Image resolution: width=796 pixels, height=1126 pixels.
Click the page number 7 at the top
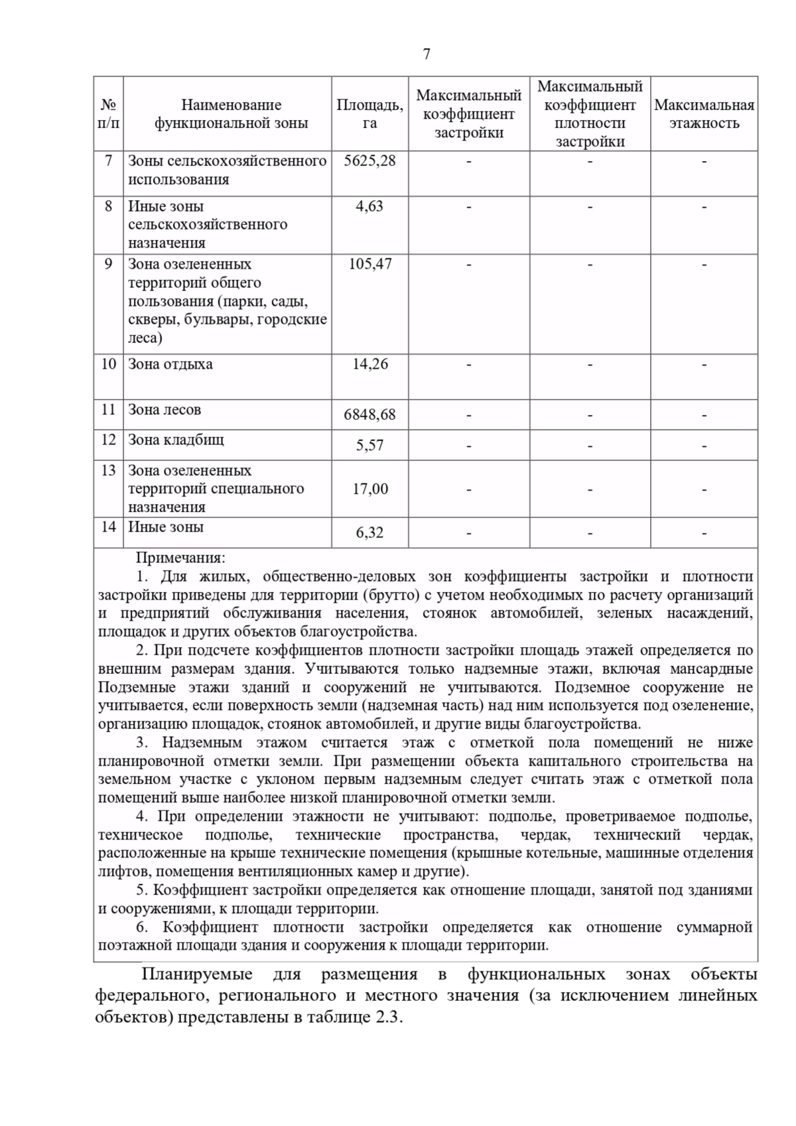[x=426, y=54]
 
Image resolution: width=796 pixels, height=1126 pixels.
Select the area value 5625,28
[x=369, y=161]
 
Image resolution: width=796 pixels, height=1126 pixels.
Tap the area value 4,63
[x=369, y=206]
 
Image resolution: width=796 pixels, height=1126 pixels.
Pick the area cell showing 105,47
[x=369, y=264]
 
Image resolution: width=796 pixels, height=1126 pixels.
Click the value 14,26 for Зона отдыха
[x=369, y=364]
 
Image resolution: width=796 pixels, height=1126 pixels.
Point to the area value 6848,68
[x=369, y=415]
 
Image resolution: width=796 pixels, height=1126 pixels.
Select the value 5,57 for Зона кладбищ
[x=369, y=446]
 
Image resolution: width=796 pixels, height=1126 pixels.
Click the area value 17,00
[x=369, y=489]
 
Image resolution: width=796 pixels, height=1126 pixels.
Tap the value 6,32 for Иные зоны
[x=369, y=533]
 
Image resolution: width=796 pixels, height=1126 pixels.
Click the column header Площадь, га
[x=369, y=114]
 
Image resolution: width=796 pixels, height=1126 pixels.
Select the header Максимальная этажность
[x=704, y=114]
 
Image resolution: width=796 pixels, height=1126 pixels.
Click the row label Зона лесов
[x=165, y=410]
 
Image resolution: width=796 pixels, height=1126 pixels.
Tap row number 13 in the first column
[x=108, y=471]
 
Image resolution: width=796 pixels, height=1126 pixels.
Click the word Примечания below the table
[x=180, y=558]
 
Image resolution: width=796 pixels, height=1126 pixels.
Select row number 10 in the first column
[x=108, y=364]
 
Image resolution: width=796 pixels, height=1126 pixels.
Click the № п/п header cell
[x=108, y=114]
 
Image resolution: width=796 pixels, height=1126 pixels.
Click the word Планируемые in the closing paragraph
[x=196, y=975]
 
